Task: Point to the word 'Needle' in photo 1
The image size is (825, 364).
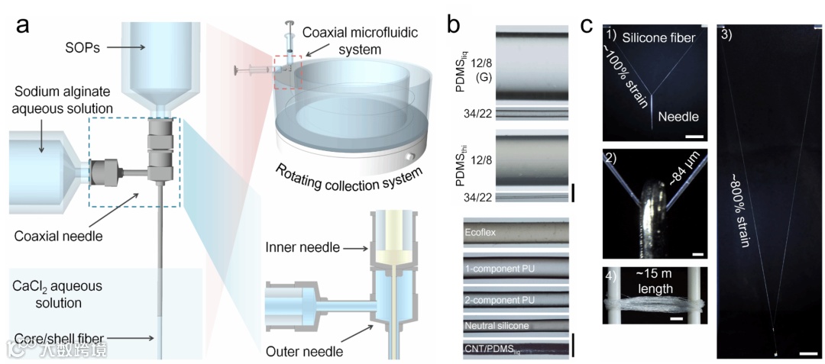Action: point(678,118)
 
